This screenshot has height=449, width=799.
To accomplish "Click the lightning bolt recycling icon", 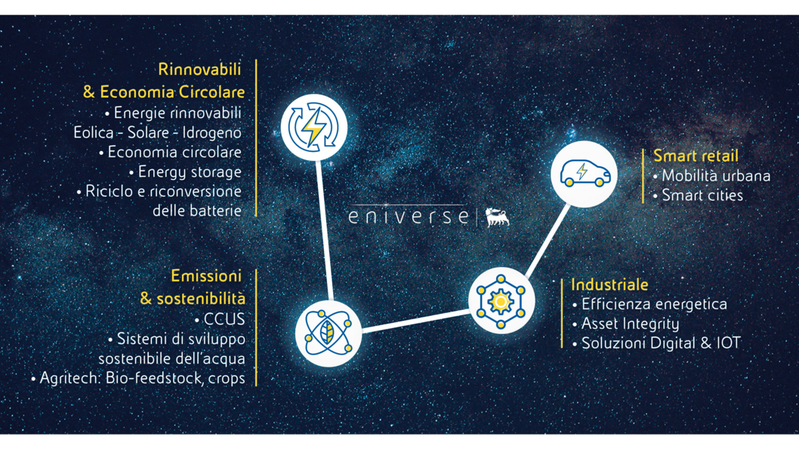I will (x=313, y=126).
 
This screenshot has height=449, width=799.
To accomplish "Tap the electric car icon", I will (x=584, y=174).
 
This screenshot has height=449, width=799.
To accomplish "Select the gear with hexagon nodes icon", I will (x=501, y=301).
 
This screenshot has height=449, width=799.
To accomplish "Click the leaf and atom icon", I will (x=328, y=333).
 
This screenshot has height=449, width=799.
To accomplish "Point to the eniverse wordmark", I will (x=409, y=217).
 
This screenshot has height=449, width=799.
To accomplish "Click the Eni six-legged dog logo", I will (x=497, y=217).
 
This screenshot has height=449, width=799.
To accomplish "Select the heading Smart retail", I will (x=696, y=156).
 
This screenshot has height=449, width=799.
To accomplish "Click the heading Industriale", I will (x=609, y=285).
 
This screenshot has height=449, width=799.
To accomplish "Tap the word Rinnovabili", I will (x=199, y=70).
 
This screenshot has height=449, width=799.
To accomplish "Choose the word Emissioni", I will (x=206, y=275).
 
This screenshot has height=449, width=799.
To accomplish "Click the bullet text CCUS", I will (x=224, y=320).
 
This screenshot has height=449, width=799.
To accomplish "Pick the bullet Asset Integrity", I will (x=630, y=324).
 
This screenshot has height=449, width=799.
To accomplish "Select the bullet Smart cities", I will (x=702, y=195).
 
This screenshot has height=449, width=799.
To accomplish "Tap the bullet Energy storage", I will (x=190, y=172).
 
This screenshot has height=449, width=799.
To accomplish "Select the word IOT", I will (x=729, y=343).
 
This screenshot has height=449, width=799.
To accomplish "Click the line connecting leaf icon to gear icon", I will (x=415, y=320).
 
